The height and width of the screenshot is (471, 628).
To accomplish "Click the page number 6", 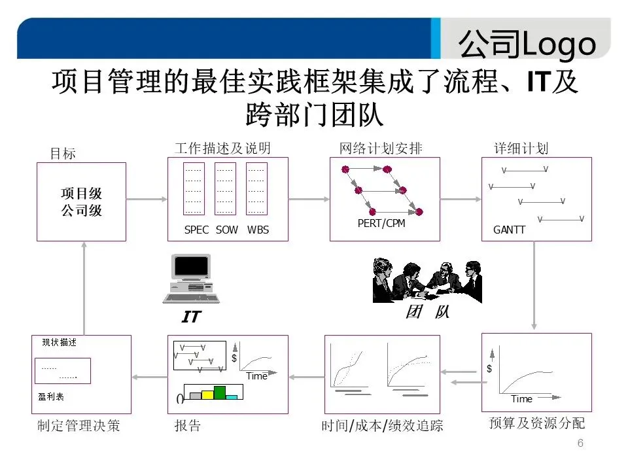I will (580, 444).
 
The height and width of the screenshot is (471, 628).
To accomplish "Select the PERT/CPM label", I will (381, 223).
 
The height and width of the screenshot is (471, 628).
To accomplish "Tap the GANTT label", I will (509, 230).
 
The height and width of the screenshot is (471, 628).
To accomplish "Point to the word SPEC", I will (196, 230).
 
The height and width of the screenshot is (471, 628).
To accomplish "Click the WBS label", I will (258, 230).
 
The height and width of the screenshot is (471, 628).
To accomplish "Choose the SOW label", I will (227, 230).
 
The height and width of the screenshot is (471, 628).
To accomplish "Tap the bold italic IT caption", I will (191, 317).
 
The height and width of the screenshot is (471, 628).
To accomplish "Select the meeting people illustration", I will (427, 280).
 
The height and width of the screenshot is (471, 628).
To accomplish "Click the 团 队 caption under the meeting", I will (427, 312).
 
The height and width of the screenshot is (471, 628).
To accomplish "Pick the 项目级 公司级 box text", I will (82, 202).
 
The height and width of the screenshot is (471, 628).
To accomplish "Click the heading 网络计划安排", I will (381, 148).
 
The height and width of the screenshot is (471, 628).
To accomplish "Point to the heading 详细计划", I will (521, 148).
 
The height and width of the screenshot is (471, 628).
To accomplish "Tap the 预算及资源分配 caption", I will (537, 423).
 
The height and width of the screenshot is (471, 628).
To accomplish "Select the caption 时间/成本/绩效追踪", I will (382, 427).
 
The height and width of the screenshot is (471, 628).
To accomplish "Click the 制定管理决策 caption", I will (78, 427).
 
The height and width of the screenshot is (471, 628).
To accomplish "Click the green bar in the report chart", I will (220, 392).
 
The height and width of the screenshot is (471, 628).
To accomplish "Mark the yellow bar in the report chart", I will (207, 394).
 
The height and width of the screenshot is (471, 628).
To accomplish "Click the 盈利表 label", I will (51, 396).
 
